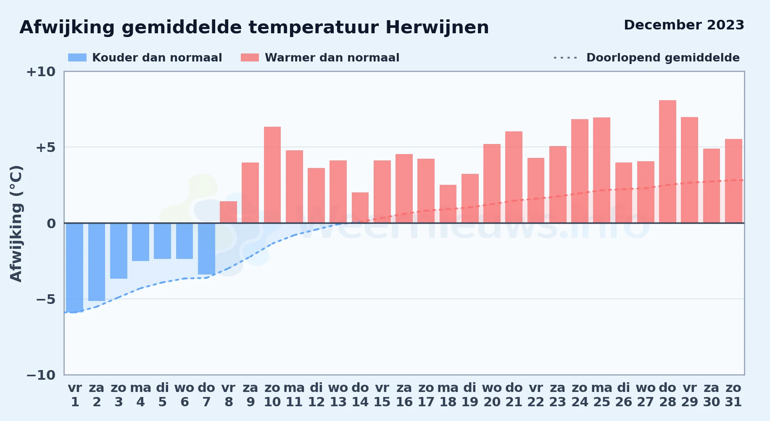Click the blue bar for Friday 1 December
click(x=75, y=267)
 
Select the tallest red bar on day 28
click(x=667, y=162)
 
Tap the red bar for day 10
click(x=272, y=175)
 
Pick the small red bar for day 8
click(x=228, y=212)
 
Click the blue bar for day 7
click(x=206, y=249)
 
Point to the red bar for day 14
click(x=360, y=208)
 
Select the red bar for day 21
click(x=514, y=177)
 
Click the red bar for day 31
click(x=733, y=181)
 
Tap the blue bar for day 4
click(x=140, y=242)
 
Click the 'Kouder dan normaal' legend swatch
click(x=77, y=58)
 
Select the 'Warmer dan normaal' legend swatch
click(x=250, y=58)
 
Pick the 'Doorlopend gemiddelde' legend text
click(x=663, y=58)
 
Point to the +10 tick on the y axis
click(x=41, y=72)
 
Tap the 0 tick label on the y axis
click(x=51, y=224)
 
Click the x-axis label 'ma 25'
click(x=601, y=395)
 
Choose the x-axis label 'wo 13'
click(x=338, y=395)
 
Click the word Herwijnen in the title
click(x=437, y=27)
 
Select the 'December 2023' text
click(x=684, y=25)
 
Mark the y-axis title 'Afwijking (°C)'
click(x=16, y=224)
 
